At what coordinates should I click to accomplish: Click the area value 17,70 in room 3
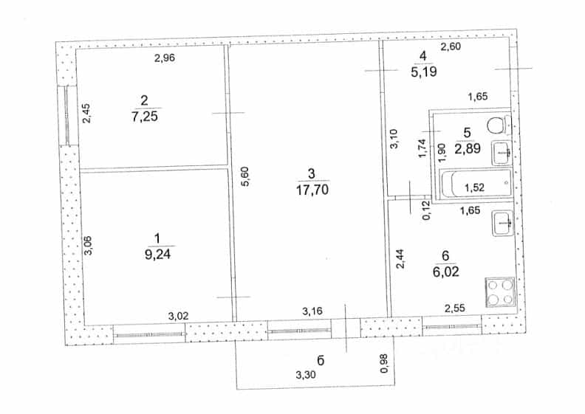(x=312, y=190)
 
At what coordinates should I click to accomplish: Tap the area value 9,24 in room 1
(x=157, y=255)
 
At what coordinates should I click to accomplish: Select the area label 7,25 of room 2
(x=144, y=117)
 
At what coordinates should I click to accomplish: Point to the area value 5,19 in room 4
(x=424, y=72)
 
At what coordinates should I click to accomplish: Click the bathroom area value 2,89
(x=467, y=148)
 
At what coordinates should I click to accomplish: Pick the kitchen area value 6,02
(x=445, y=272)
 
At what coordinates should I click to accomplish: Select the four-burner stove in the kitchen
(x=499, y=292)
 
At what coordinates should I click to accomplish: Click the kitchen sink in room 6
(x=503, y=223)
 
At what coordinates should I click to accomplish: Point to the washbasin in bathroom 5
(x=502, y=153)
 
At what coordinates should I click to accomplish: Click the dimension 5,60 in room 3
(x=245, y=176)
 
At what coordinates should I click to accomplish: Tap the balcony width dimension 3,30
(x=306, y=375)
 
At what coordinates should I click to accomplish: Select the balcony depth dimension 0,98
(x=384, y=363)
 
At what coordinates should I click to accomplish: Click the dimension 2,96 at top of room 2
(x=165, y=58)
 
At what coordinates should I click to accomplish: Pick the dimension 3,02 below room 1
(x=178, y=317)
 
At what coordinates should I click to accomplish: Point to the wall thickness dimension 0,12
(x=426, y=210)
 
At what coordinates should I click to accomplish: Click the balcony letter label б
(x=321, y=360)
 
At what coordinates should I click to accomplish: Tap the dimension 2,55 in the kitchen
(x=455, y=308)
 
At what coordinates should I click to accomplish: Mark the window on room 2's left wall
(x=66, y=116)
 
